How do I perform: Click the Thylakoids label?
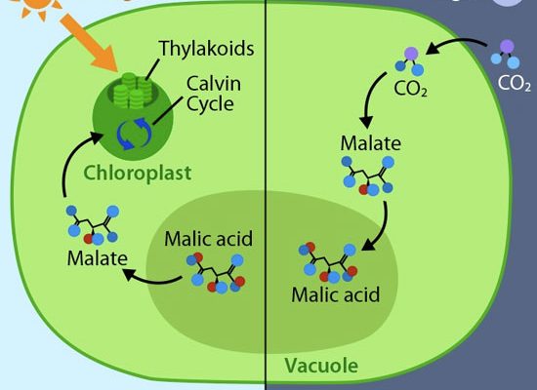coord(207,48)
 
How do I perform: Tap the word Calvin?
coord(214,84)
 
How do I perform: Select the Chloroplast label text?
coord(138,174)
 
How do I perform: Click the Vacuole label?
coord(321,366)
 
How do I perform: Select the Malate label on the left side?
coord(98,258)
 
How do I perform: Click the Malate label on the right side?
coord(371,143)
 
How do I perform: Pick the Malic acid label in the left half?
coord(209,239)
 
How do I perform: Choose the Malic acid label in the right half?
coord(336,294)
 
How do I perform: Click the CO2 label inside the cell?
coord(411,89)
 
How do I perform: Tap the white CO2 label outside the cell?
coord(515,83)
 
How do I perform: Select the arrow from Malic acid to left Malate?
coord(150,279)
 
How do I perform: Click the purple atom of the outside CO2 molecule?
coord(507,46)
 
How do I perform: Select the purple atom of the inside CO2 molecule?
coord(411,54)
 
